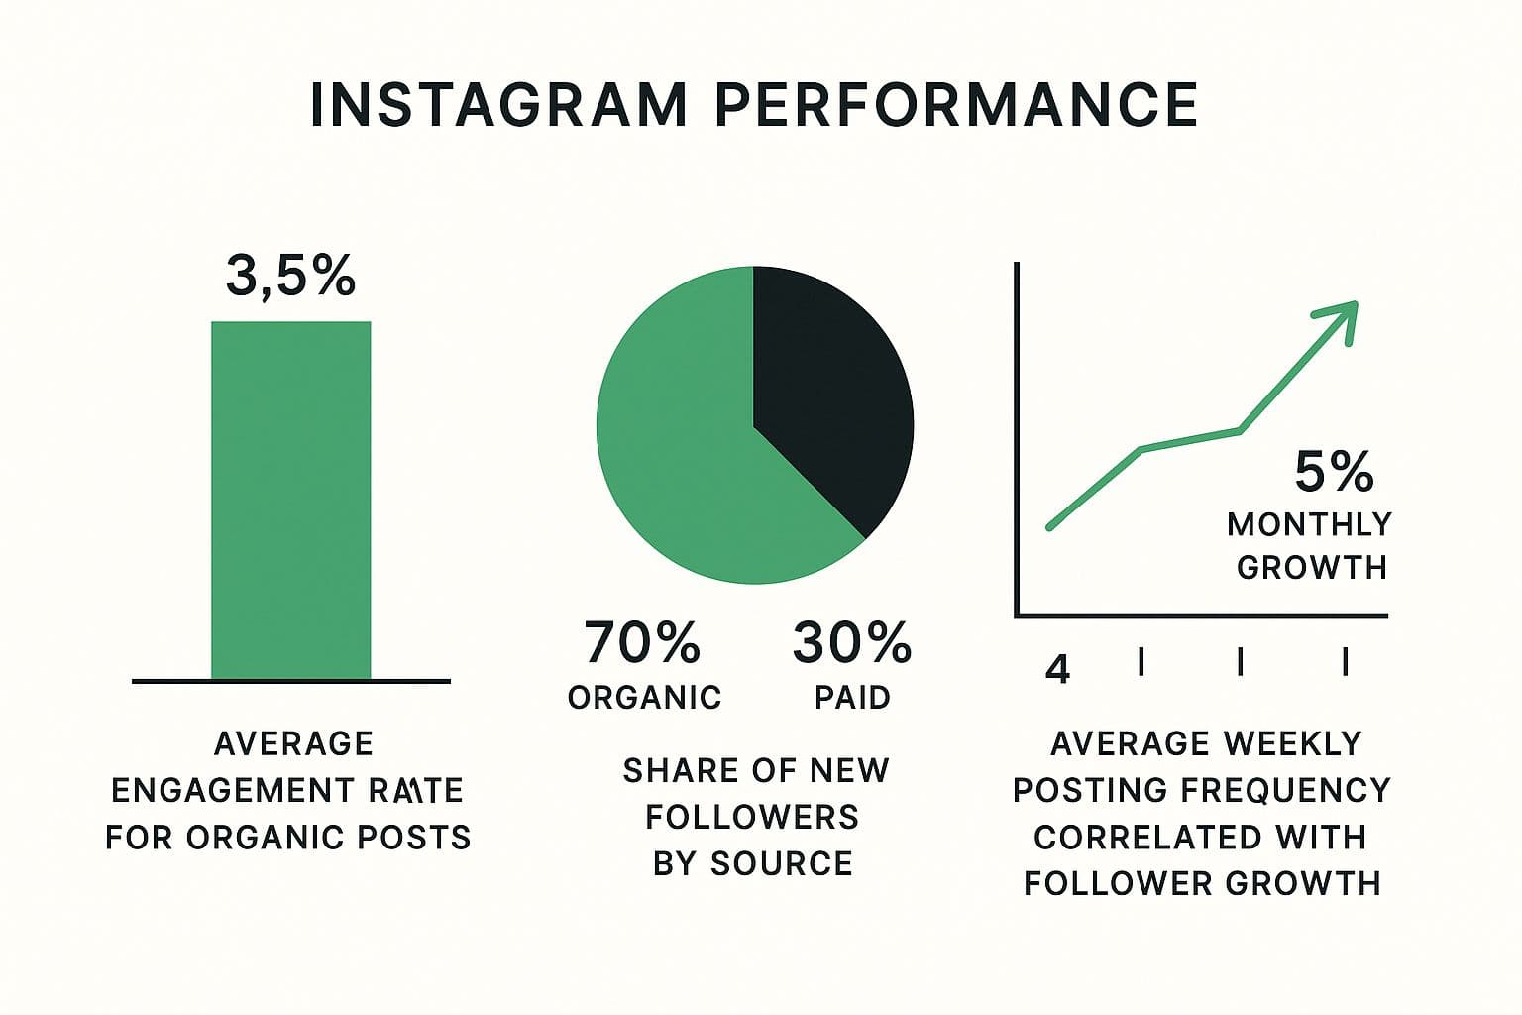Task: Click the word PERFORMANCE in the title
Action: [x=955, y=105]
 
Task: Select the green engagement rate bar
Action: [x=290, y=501]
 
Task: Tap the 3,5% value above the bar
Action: [x=290, y=276]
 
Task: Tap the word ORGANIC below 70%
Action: [x=644, y=698]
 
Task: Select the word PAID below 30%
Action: [x=852, y=698]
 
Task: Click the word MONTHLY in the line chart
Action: [x=1309, y=524]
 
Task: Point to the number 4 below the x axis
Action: [x=1058, y=670]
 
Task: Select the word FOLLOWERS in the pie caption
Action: [x=752, y=817]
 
